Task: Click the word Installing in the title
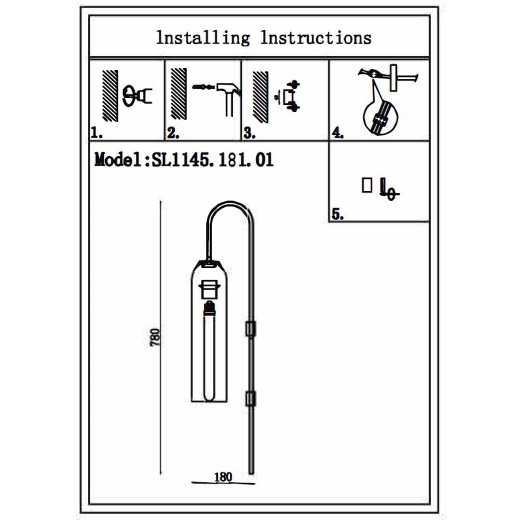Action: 203,38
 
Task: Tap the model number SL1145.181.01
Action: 213,160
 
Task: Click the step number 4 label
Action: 337,133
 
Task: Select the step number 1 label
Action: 96,133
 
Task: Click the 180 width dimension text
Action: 223,477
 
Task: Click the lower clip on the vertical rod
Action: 250,399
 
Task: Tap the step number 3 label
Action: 249,133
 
